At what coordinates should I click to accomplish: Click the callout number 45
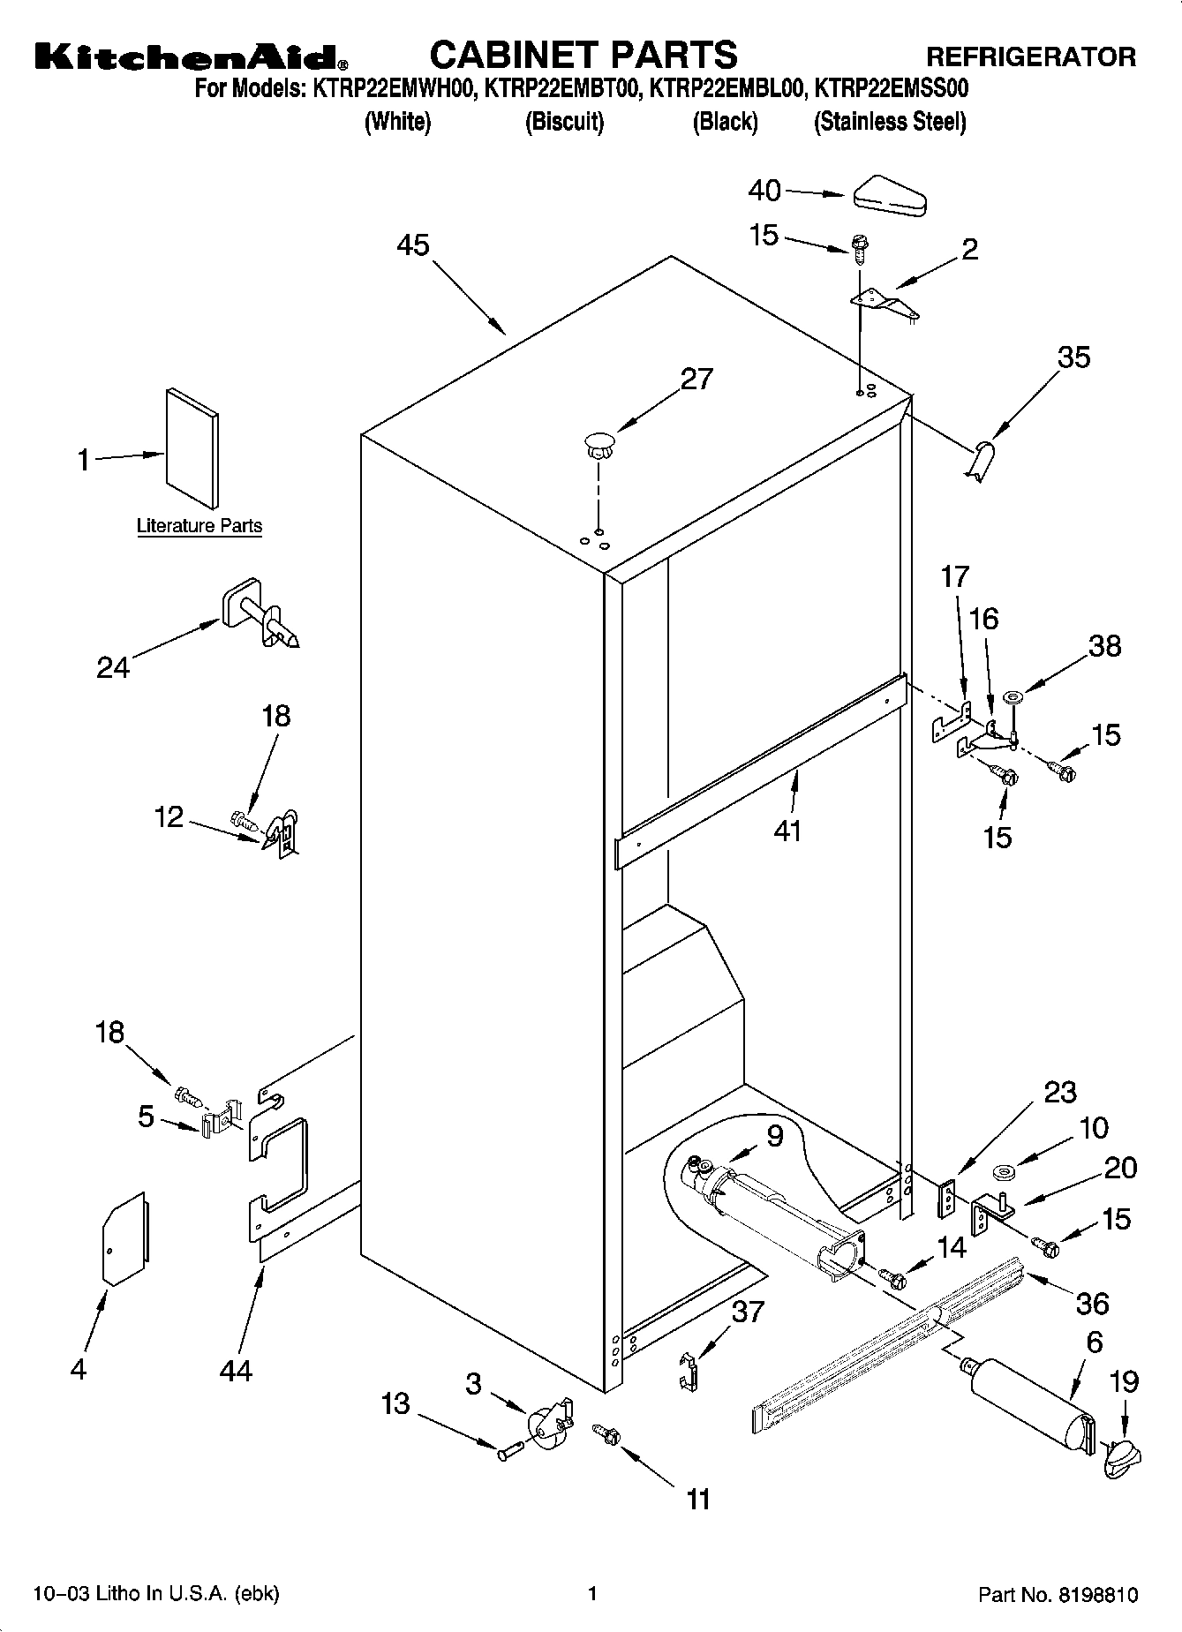click(x=412, y=244)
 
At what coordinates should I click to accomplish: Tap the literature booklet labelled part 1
click(x=192, y=447)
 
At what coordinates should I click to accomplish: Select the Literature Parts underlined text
click(x=200, y=526)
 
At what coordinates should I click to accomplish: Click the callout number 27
click(x=696, y=379)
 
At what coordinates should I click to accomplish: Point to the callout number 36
click(x=1093, y=1303)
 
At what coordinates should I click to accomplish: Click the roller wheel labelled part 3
click(x=548, y=1423)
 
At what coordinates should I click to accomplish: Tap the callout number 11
click(x=698, y=1499)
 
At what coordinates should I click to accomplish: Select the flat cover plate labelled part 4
click(x=125, y=1238)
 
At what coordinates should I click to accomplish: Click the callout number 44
click(x=237, y=1370)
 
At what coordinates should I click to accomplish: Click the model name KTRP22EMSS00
click(x=892, y=88)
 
